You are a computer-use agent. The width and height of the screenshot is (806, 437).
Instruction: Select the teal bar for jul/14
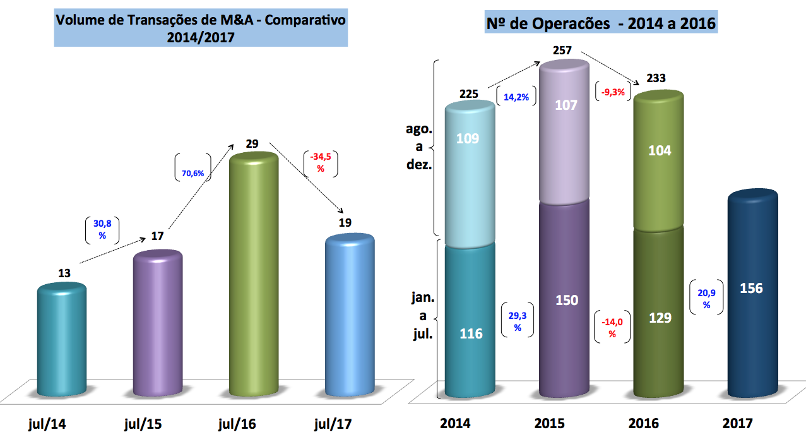(x=62, y=341)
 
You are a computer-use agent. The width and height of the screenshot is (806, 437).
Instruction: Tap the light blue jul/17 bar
(x=349, y=316)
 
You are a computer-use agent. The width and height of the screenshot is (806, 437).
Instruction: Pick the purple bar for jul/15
(x=158, y=322)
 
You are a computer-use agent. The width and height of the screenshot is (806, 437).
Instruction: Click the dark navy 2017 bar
(x=751, y=297)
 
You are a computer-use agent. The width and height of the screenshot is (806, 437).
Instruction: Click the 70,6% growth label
(x=193, y=172)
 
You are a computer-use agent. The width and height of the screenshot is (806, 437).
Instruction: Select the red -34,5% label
(x=321, y=163)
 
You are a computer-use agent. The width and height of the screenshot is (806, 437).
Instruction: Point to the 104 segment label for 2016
(x=659, y=150)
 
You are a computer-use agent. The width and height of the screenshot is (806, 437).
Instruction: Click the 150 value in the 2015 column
(x=566, y=300)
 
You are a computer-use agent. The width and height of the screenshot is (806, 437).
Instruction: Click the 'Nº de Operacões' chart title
(x=601, y=24)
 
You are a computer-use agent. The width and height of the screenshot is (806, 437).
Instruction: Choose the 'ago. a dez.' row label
(x=418, y=146)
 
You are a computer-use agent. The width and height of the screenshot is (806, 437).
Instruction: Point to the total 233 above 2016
(x=656, y=79)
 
